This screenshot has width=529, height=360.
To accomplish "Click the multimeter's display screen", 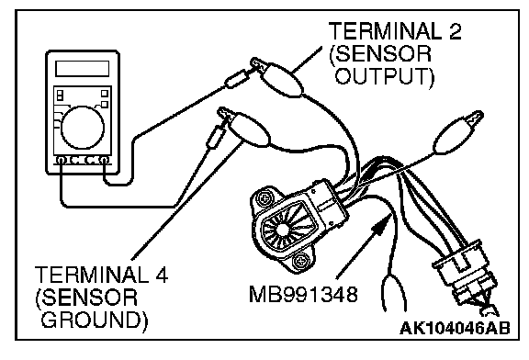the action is coord(83,69).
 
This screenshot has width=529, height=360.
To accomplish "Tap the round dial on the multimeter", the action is coord(83,128).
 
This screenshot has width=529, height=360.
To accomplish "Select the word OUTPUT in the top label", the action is coord(382,76).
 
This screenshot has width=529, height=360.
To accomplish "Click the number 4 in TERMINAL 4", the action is coord(159,275).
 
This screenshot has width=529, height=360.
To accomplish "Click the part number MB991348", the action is coord(303,294).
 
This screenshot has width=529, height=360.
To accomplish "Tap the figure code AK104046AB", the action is coord(455,328).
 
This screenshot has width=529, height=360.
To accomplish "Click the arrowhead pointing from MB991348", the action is coord(381,225).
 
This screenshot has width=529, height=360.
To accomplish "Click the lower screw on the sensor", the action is coord(299,261).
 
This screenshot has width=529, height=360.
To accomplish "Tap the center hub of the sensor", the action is coord(283,231).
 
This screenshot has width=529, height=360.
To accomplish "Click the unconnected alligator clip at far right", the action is coord(458,132).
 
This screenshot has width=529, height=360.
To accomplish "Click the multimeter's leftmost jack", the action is coord(61,161).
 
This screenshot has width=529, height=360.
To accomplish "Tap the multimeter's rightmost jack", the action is coord(105,161).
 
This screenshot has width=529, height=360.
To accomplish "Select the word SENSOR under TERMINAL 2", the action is coord(380,53).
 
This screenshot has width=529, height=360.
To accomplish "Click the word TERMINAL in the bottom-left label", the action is coord(91,275).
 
